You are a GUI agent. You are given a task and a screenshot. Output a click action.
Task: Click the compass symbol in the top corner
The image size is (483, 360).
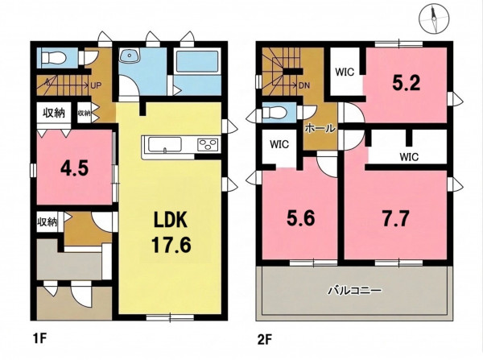(434, 19)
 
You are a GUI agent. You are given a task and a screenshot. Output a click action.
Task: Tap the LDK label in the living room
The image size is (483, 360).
(171, 220)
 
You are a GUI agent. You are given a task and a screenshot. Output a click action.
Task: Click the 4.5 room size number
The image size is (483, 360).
(74, 168)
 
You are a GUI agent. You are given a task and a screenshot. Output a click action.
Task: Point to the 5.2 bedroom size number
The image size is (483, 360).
(406, 82)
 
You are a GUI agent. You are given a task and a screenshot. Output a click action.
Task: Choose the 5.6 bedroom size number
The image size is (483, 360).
(300, 218)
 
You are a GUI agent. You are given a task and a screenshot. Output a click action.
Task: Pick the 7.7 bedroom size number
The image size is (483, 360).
(395, 218)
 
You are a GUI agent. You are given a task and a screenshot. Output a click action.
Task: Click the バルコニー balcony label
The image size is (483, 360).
(354, 291)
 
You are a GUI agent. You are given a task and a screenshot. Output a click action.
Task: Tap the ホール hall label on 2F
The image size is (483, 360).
(320, 129)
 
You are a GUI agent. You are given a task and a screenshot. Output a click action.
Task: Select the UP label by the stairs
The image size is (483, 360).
(96, 85)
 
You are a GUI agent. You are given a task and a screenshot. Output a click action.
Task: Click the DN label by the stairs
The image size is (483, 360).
(304, 85)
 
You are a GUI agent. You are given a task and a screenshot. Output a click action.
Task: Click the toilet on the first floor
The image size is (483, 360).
(54, 58)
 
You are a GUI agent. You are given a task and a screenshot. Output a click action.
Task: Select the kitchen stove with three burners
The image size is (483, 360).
(208, 144)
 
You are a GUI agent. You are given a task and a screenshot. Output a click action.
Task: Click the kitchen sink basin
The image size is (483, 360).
(164, 144)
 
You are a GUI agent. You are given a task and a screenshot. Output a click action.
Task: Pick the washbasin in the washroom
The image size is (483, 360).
(130, 56)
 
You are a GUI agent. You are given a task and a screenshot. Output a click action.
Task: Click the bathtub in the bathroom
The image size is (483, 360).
(197, 61)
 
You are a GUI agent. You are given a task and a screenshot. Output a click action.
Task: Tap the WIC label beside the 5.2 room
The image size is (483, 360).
(345, 72)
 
